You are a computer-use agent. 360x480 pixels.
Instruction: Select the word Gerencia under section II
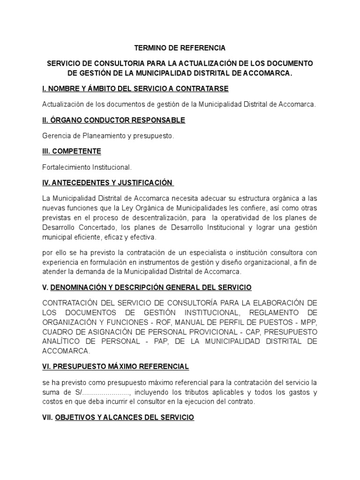click(x=56, y=136)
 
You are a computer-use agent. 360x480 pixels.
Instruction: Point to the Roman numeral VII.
click(x=47, y=417)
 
